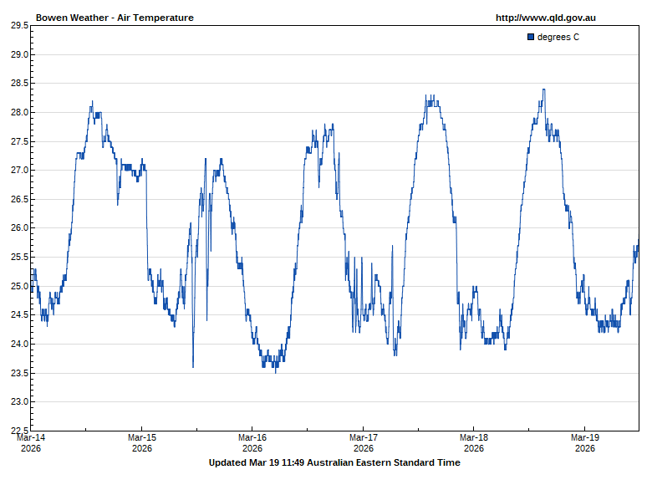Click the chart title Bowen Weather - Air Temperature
click(115, 18)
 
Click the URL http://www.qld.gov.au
click(545, 18)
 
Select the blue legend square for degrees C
click(531, 37)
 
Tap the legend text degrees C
click(558, 37)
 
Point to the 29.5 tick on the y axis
click(18, 26)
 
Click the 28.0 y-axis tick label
click(18, 113)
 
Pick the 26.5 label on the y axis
click(18, 200)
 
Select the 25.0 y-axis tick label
click(18, 287)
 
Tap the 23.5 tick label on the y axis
click(18, 373)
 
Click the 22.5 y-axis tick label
click(18, 431)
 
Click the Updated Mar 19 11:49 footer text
click(334, 462)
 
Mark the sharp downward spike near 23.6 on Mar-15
click(193, 366)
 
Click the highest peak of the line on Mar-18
click(543, 89)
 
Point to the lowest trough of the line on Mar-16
click(276, 371)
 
